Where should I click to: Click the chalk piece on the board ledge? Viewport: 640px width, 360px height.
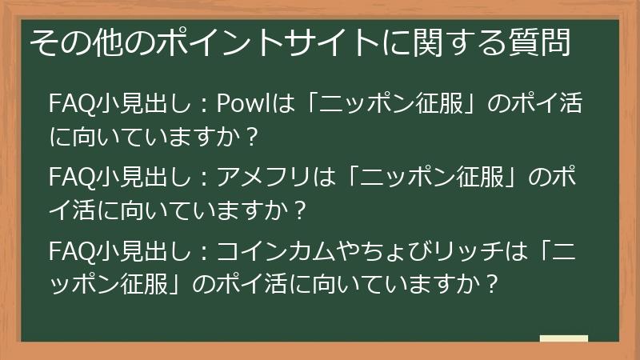point(563,339)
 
